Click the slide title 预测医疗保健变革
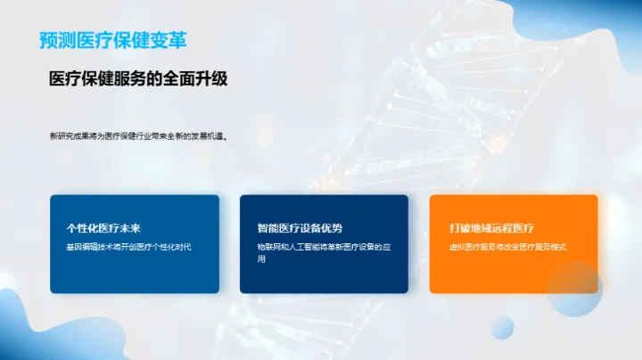[113, 40]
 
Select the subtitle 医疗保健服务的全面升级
[138, 78]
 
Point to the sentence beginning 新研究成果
[139, 136]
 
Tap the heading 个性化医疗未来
[103, 228]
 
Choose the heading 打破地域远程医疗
[492, 228]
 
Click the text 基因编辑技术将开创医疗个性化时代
[129, 247]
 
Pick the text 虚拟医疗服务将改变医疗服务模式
[507, 247]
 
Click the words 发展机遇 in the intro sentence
[204, 136]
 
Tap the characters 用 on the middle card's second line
[261, 259]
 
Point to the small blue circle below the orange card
[502, 327]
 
